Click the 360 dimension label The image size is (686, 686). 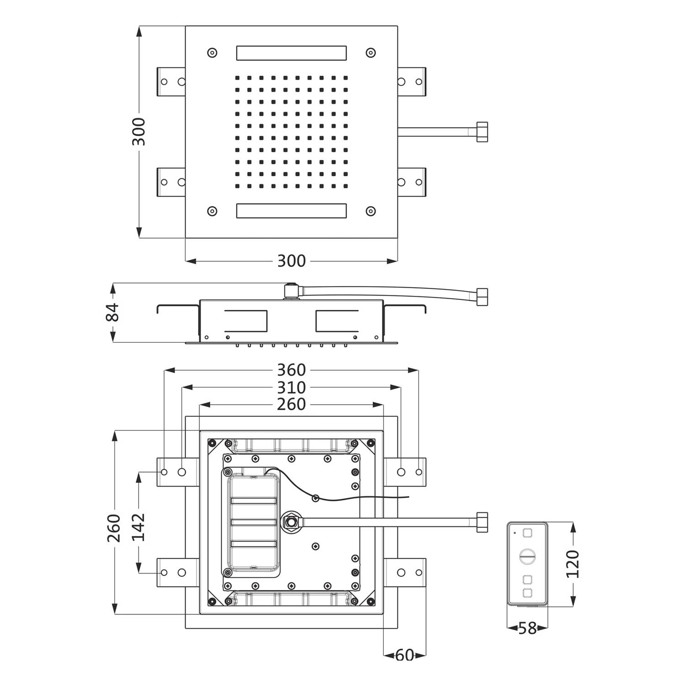click(291, 370)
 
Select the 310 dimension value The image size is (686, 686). click(291, 388)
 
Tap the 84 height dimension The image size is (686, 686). click(113, 312)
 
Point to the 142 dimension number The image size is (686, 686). click(138, 527)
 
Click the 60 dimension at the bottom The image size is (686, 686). click(405, 655)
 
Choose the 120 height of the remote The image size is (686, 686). click(573, 564)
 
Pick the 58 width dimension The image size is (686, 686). click(527, 628)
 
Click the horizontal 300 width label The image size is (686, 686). click(291, 261)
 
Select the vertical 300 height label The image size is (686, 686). click(139, 132)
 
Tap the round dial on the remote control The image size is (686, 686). click(527, 556)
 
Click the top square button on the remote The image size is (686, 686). click(527, 533)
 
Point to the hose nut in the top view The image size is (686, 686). click(482, 132)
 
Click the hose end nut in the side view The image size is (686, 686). click(482, 297)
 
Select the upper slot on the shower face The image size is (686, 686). click(291, 53)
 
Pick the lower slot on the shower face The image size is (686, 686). click(291, 211)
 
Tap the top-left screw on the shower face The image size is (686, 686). click(212, 53)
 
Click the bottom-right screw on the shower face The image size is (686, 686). click(370, 211)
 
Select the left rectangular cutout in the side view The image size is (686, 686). click(246, 321)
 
